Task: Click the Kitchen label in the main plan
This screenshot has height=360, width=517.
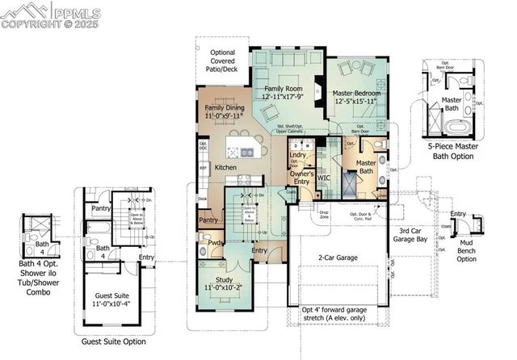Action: click(226, 167)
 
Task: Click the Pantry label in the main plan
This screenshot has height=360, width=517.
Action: click(209, 220)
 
